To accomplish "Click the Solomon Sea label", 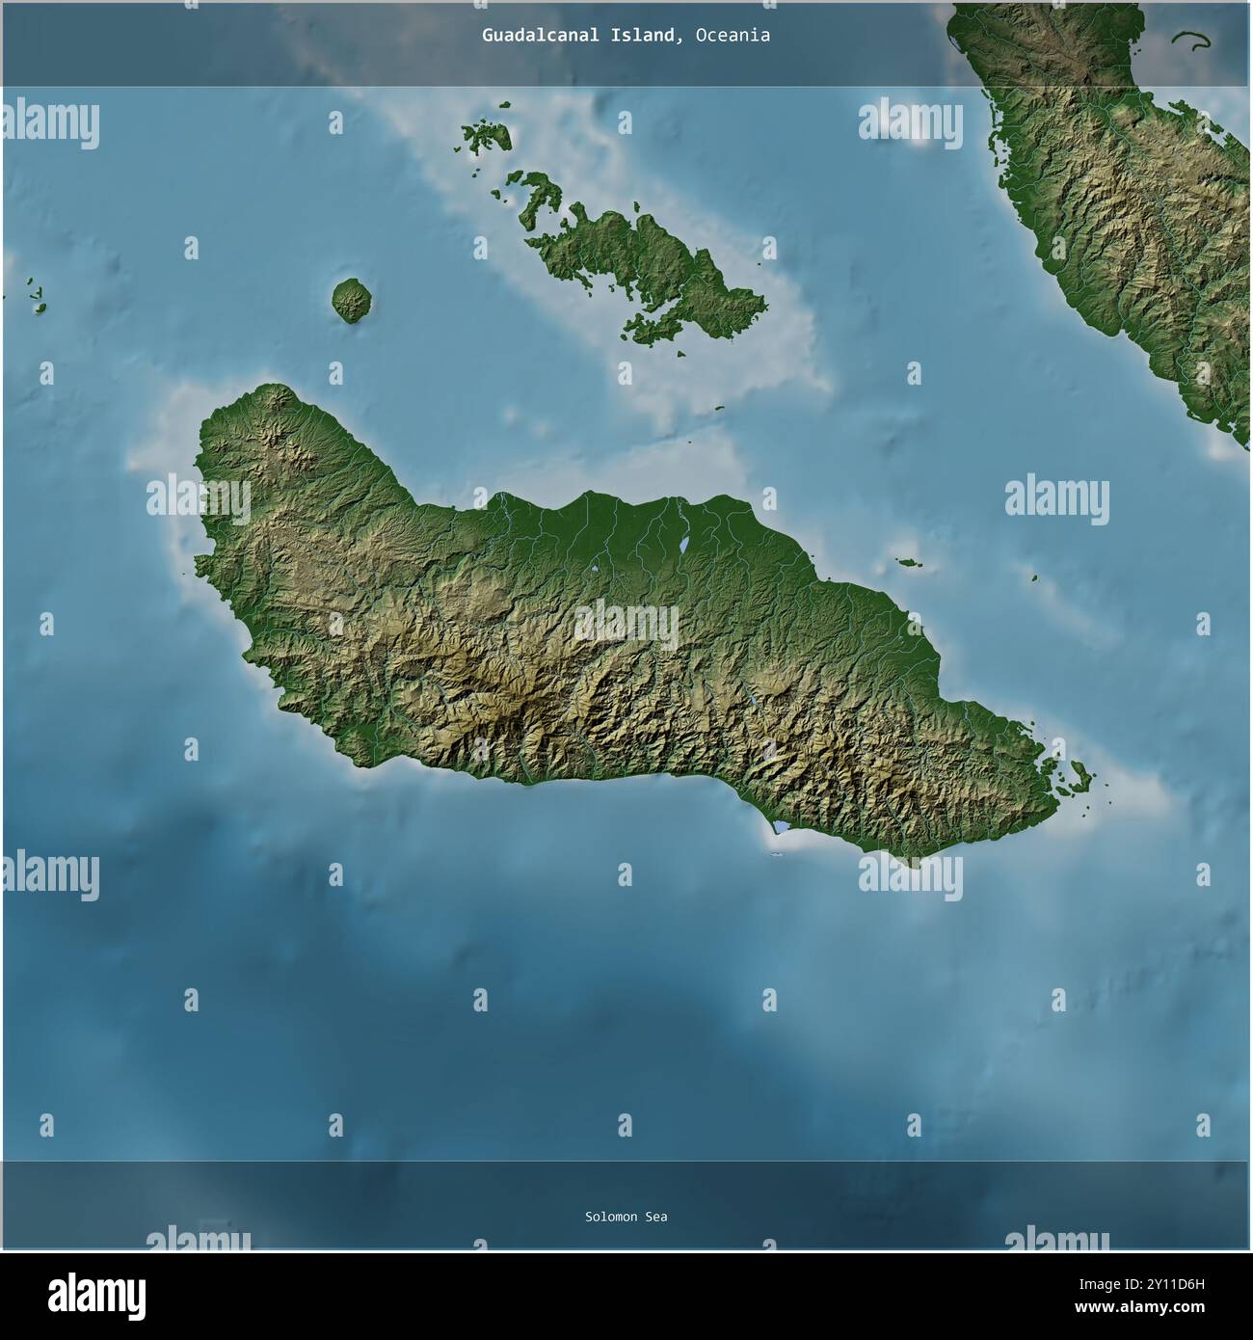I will (626, 1217).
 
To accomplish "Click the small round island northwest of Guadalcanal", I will (352, 301).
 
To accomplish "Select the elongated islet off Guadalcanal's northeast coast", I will (907, 562).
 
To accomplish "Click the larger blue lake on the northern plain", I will (682, 547).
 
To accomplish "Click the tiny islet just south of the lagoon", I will (776, 854).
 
